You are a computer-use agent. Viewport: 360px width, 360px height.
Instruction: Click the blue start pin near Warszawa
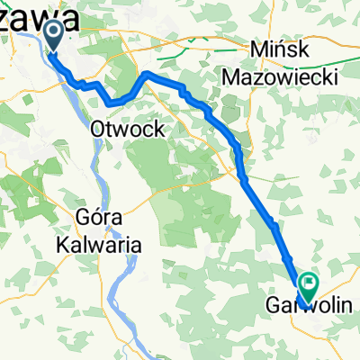[53, 36]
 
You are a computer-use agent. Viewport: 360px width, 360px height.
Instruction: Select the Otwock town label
[127, 130]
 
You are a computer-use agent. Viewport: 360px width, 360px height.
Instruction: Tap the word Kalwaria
[103, 243]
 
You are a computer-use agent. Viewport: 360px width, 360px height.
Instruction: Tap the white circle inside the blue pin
[53, 34]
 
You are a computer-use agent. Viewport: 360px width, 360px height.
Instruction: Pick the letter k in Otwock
[158, 130]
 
